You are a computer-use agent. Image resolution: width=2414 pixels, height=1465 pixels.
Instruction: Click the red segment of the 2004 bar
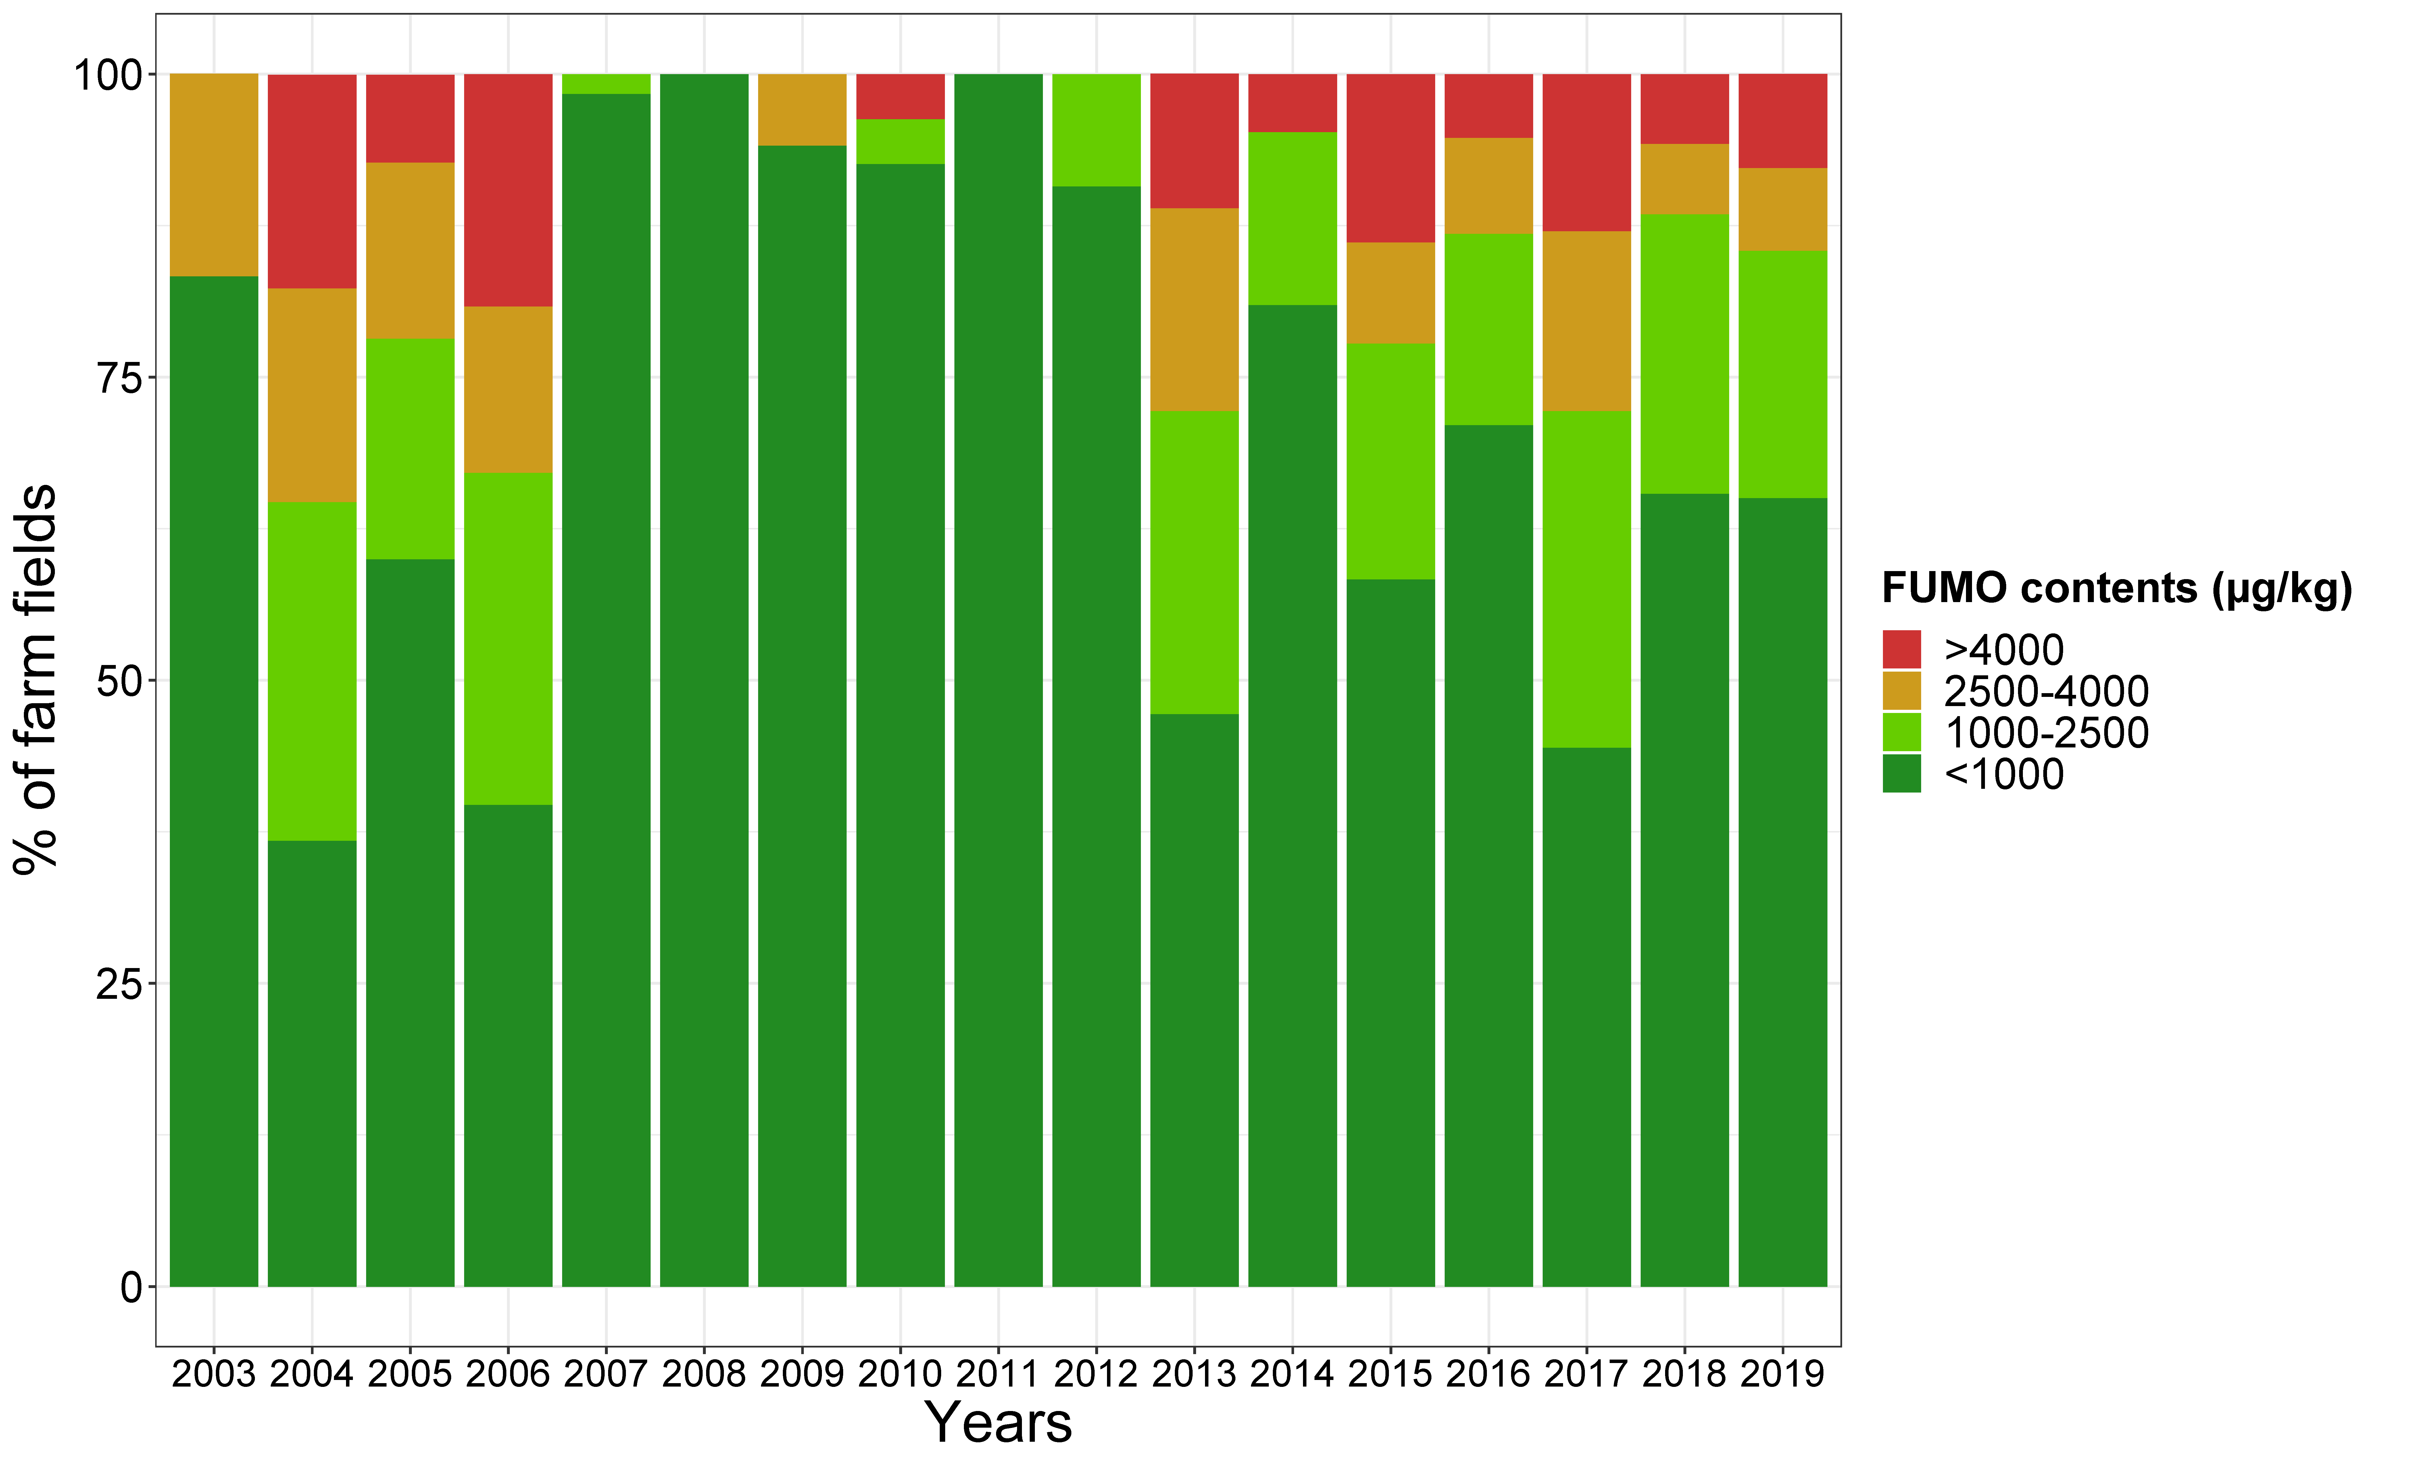(x=312, y=181)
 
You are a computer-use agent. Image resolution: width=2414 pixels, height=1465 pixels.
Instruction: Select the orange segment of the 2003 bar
(x=214, y=174)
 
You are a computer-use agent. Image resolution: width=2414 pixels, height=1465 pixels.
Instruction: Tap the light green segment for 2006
(x=508, y=639)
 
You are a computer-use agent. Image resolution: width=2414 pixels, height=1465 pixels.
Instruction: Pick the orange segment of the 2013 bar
(x=1194, y=309)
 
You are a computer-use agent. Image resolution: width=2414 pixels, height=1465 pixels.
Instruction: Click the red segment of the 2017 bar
(x=1586, y=152)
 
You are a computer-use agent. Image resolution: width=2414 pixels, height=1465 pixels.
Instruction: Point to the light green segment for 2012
(x=1096, y=129)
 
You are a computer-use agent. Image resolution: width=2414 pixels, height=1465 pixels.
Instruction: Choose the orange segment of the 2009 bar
(x=802, y=109)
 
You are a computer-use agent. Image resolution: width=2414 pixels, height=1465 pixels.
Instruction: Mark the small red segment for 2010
(x=900, y=96)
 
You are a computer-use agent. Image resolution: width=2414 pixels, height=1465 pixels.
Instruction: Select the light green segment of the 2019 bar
(x=1782, y=374)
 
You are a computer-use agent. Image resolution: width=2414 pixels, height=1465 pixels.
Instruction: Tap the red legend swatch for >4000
(x=1902, y=649)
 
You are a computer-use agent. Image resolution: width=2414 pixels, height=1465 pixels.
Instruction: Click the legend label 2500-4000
(x=2046, y=691)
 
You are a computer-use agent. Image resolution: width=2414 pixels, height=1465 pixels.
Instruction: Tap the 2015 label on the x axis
(x=1390, y=1374)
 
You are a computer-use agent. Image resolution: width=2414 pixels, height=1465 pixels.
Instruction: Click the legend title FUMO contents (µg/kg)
(x=2116, y=589)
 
